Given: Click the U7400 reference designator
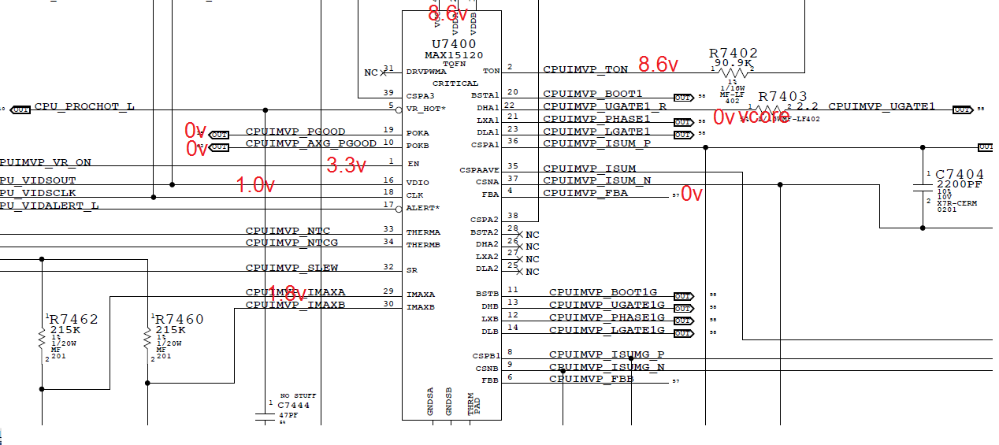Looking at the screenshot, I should click(x=455, y=43).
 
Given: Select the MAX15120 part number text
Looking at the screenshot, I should click(x=455, y=55).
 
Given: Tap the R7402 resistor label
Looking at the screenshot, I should click(x=733, y=53).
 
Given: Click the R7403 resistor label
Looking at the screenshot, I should click(x=782, y=96).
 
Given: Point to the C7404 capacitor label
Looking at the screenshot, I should click(x=960, y=174).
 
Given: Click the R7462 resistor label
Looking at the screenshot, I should click(x=74, y=319).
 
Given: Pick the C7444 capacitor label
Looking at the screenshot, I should click(x=293, y=405).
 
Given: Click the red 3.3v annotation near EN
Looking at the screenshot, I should click(x=347, y=165).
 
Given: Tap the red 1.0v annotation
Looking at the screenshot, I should click(x=256, y=185).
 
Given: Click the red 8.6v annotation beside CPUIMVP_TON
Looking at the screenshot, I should click(x=659, y=63).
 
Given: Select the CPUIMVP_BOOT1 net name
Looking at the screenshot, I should click(x=592, y=94).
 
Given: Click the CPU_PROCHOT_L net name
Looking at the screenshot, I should click(x=84, y=106).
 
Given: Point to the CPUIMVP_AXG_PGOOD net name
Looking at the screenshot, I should click(x=311, y=143).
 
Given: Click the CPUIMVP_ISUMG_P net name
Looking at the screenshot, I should click(x=607, y=354).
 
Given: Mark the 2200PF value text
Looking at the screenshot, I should click(x=960, y=185).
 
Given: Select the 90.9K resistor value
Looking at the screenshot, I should click(x=733, y=63).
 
